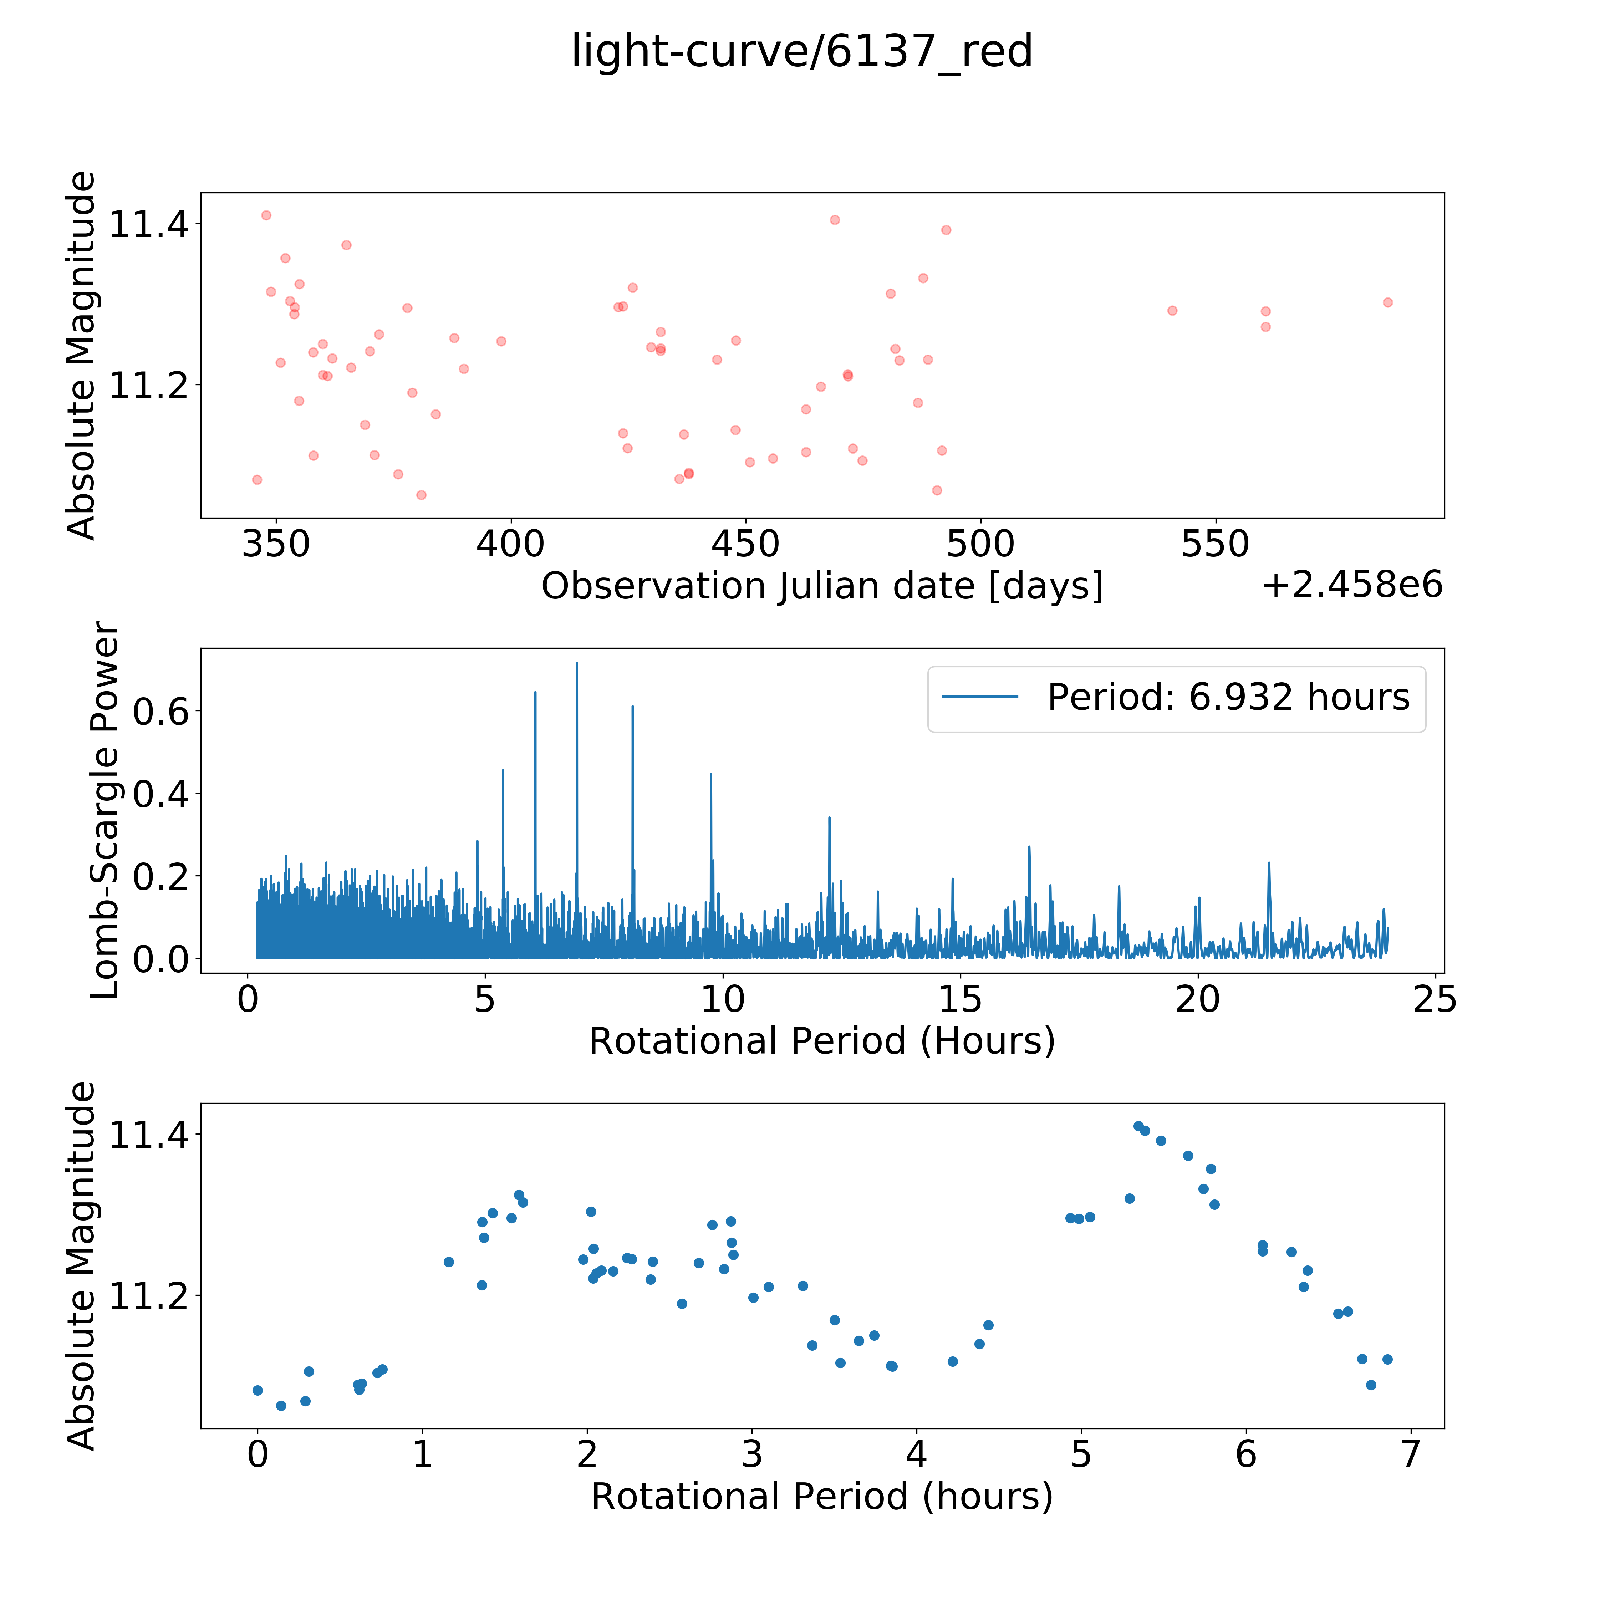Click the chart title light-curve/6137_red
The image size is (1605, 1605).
[x=802, y=51]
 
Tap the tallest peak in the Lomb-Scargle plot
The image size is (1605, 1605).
[x=576, y=663]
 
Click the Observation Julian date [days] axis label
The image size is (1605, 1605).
[x=822, y=586]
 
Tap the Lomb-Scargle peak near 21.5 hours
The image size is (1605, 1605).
[x=1269, y=863]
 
